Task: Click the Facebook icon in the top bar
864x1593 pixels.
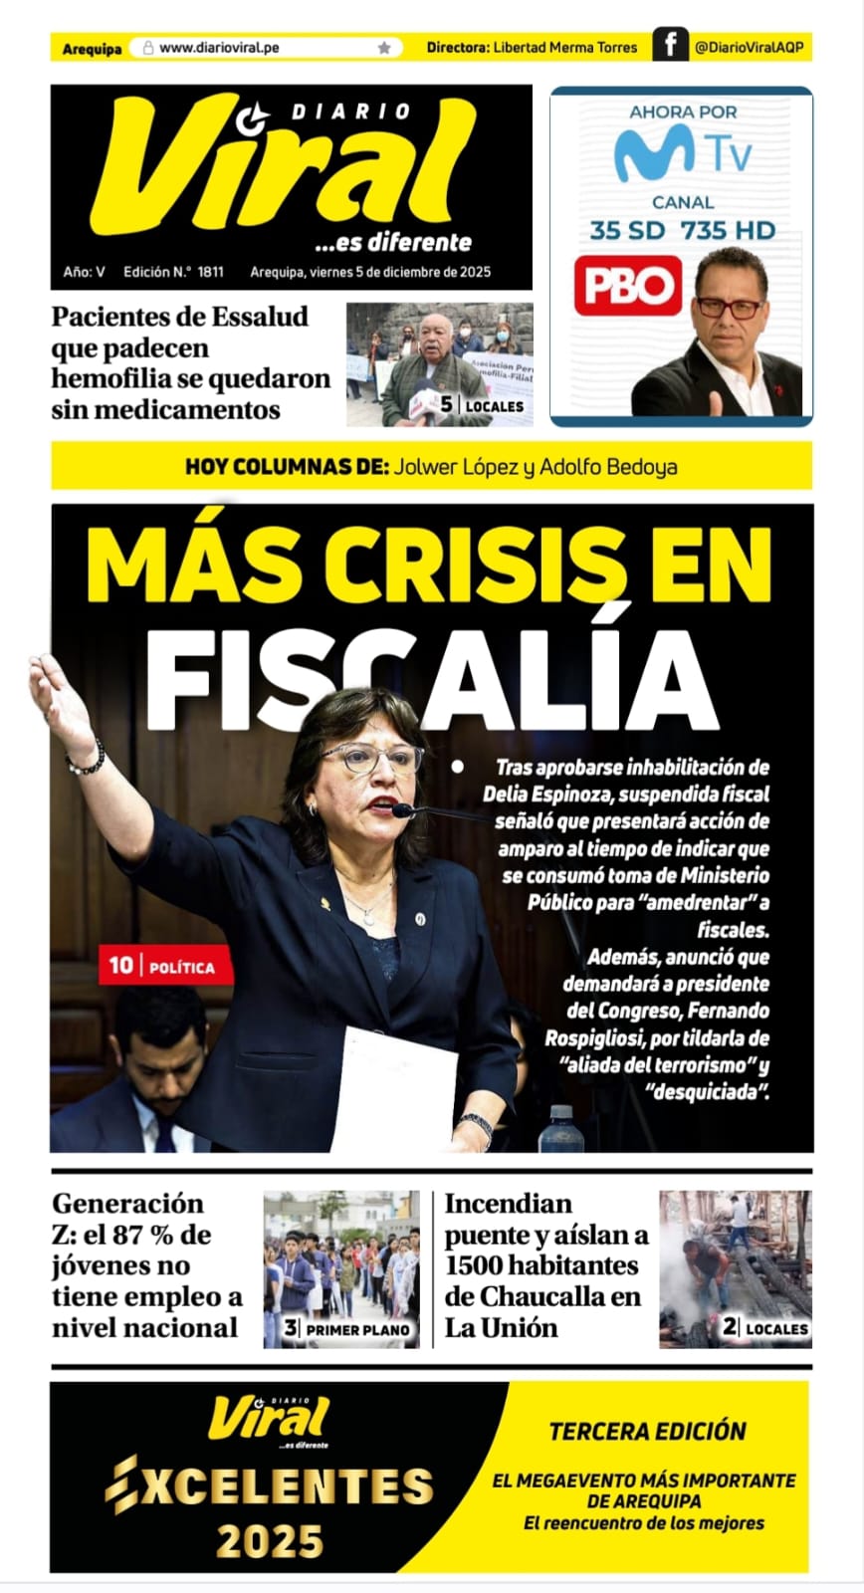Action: [671, 45]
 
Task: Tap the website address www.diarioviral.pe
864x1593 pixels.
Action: [219, 48]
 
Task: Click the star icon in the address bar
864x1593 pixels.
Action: [384, 48]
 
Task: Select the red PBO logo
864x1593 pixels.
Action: [627, 286]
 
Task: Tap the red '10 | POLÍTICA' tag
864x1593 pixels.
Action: [165, 966]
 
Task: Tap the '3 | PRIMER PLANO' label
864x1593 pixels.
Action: [347, 1328]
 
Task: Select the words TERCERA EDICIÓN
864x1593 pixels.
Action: [648, 1432]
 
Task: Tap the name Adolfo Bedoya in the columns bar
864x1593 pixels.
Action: [608, 466]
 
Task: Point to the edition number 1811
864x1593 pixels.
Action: [210, 272]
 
